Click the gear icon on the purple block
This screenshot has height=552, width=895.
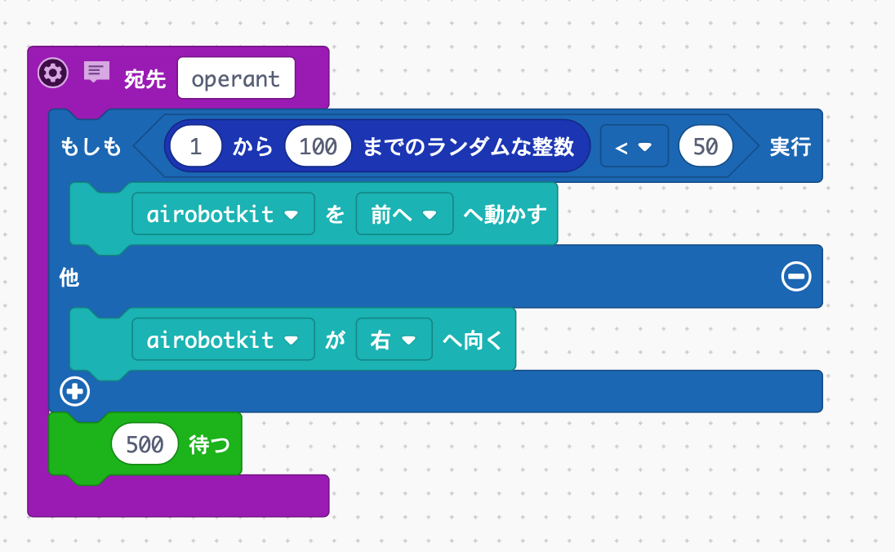tap(52, 73)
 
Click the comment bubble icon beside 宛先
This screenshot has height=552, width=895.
tap(96, 73)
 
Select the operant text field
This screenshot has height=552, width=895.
tap(236, 78)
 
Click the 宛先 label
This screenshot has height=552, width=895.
tap(145, 78)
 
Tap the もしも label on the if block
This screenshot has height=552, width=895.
tap(91, 147)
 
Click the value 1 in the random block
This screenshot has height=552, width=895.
tap(196, 147)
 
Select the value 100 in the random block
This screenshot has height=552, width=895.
tap(318, 147)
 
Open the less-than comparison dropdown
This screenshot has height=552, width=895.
tap(634, 147)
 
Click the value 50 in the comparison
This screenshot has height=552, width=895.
tap(706, 147)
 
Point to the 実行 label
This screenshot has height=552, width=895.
tap(790, 147)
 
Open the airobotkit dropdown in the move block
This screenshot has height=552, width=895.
tap(223, 215)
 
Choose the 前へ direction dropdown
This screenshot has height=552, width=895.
tap(404, 215)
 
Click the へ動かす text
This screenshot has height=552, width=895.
tap(505, 215)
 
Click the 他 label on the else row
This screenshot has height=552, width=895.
tap(69, 278)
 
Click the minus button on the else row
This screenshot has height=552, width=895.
tap(795, 278)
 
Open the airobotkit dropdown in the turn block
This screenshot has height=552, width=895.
tap(223, 340)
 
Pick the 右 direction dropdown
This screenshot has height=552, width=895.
tap(394, 340)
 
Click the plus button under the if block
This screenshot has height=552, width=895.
tap(74, 393)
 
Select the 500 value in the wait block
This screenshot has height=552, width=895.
tap(145, 445)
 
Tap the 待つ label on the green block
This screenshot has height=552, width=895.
tap(210, 445)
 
